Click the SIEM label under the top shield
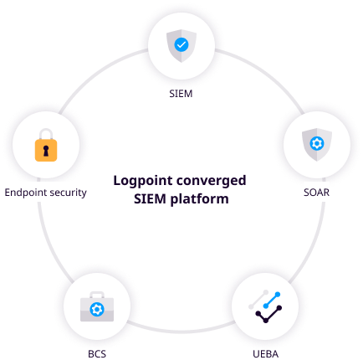181,94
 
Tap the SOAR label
316,193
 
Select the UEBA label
265,354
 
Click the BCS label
97,354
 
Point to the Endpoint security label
45,193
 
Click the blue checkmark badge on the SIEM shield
181,44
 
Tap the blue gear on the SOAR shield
317,143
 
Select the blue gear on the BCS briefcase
97,310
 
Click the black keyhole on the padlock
46,151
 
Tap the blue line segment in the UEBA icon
272,300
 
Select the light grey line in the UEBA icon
258,300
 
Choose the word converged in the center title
212,181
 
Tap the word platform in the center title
200,199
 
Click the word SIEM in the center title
150,199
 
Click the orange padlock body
46,151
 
